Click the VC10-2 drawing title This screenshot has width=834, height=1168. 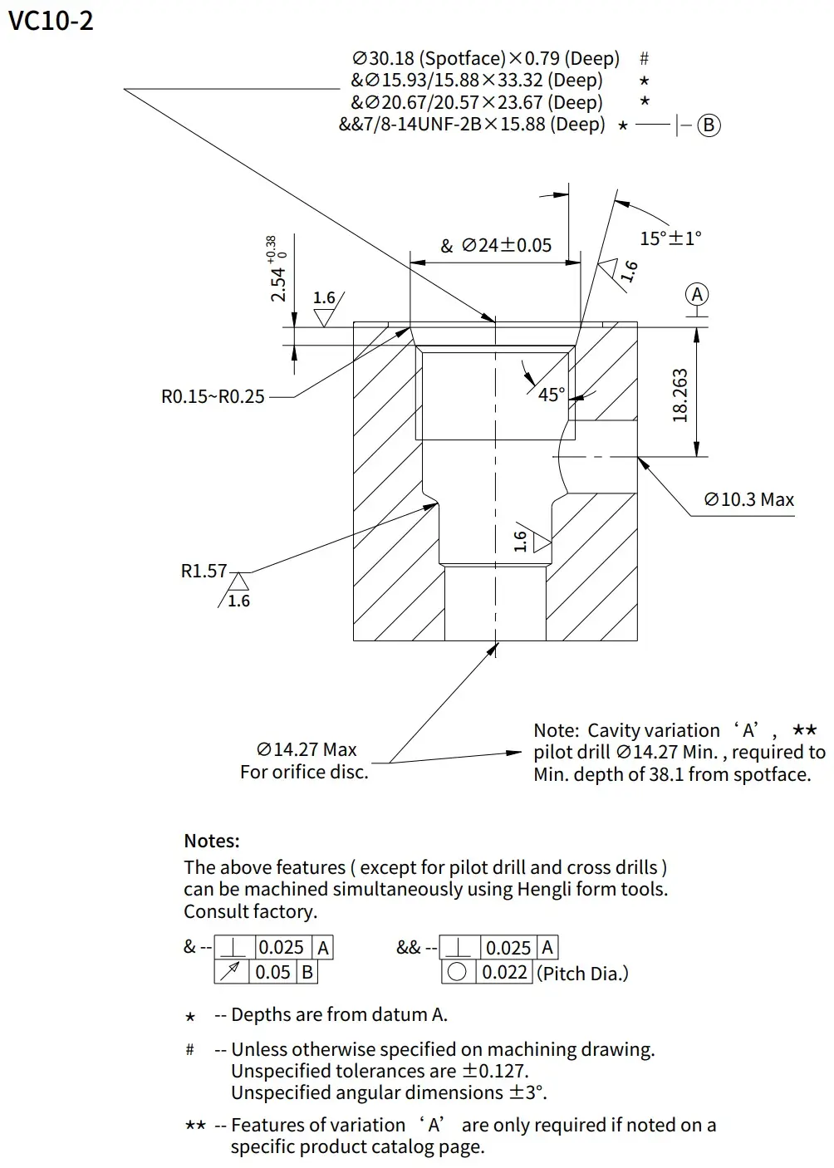point(51,21)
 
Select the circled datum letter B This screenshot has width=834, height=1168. point(709,125)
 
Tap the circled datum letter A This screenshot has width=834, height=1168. point(698,295)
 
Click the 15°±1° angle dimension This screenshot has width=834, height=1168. point(670,238)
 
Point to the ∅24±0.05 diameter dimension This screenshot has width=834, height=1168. point(506,245)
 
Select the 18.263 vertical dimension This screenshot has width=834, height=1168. point(680,395)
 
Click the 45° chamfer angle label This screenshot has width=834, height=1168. point(551,394)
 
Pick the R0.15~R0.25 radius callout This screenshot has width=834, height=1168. point(213,396)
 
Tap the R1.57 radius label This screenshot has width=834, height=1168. point(204,571)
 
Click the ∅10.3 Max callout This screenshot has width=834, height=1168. point(748,499)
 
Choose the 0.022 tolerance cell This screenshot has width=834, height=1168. point(504,972)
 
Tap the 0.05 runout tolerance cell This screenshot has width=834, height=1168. point(272,972)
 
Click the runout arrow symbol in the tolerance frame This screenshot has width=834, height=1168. point(233,972)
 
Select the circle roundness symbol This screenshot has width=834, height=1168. point(457,972)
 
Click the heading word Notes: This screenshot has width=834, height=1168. point(212,841)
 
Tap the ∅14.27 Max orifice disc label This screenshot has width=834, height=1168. point(307,749)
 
